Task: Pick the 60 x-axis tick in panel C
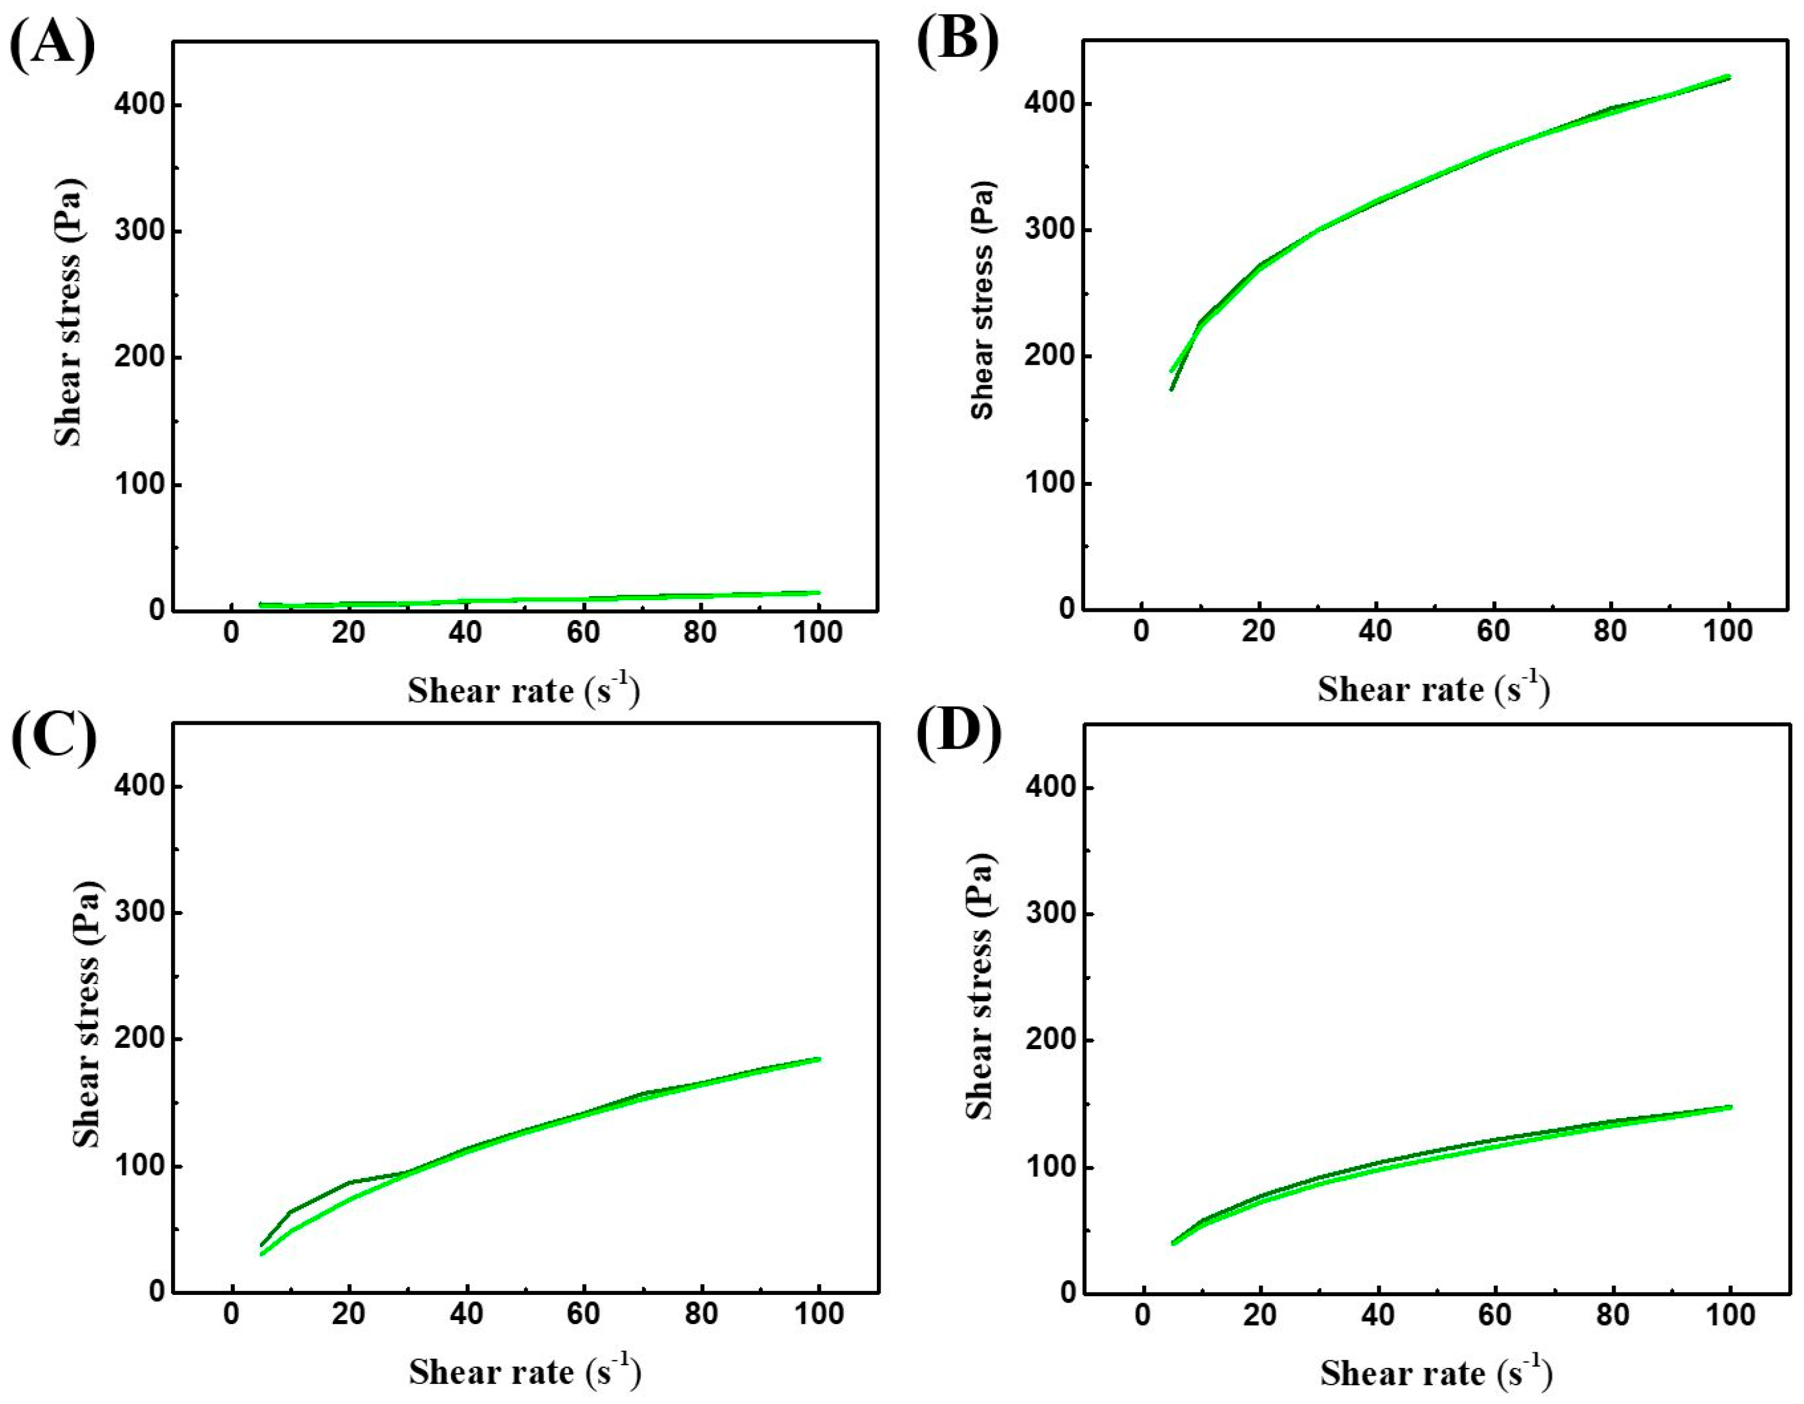tap(583, 1314)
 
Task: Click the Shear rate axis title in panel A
tap(524, 690)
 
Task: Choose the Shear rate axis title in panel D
tap(1436, 1372)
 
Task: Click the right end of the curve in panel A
tap(817, 592)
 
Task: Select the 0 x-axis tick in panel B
tap(1141, 632)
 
